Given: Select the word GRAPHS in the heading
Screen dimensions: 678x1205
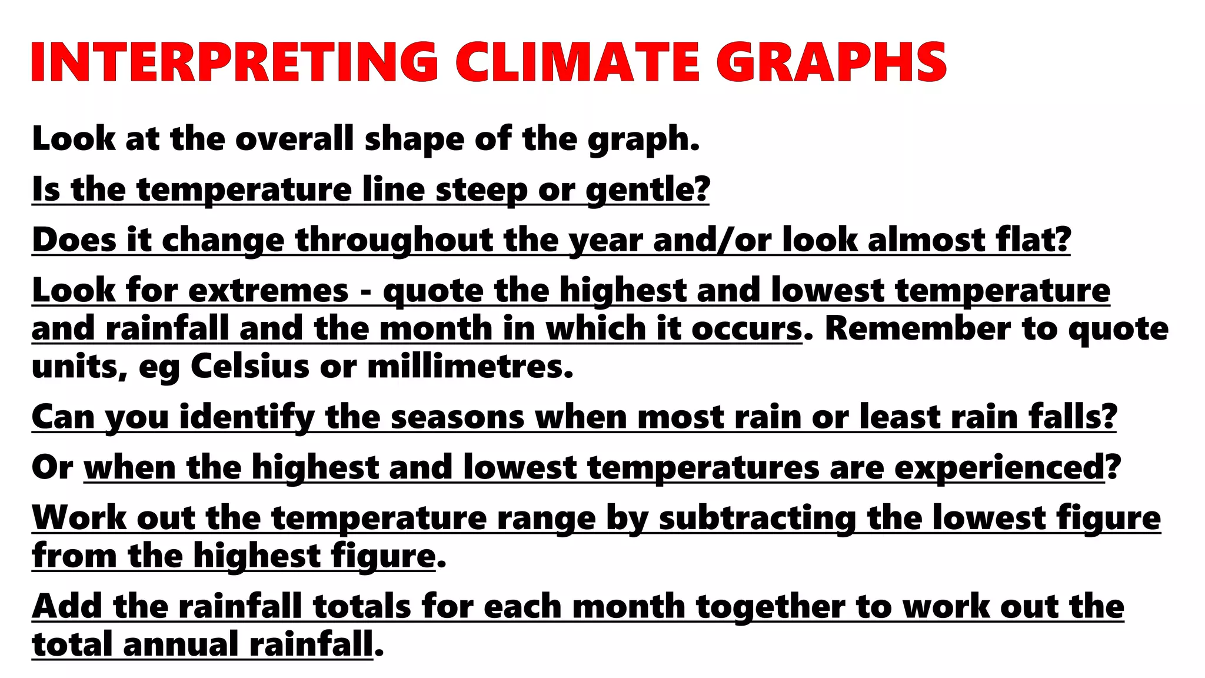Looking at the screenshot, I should tap(831, 62).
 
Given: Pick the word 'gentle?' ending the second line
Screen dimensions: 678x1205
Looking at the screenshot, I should tap(648, 190).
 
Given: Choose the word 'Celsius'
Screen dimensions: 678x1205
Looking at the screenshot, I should tap(249, 367).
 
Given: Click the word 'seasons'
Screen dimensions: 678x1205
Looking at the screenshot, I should tap(457, 417).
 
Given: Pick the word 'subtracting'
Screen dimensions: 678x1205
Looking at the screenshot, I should tap(757, 519).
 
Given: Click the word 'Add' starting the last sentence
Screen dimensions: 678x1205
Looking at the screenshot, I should tap(67, 606).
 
